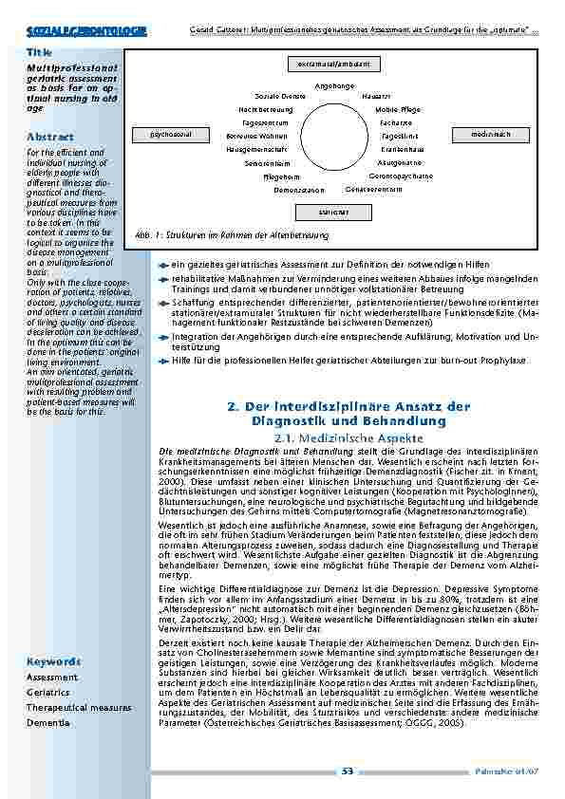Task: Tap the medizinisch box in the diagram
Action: point(490,135)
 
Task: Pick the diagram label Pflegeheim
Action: point(282,177)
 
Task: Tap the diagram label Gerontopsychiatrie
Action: point(401,176)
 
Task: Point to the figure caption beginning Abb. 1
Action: point(233,233)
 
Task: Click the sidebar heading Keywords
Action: point(53,660)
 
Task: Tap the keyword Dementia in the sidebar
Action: point(48,722)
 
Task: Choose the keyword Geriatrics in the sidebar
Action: point(49,693)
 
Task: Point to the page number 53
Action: point(348,771)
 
